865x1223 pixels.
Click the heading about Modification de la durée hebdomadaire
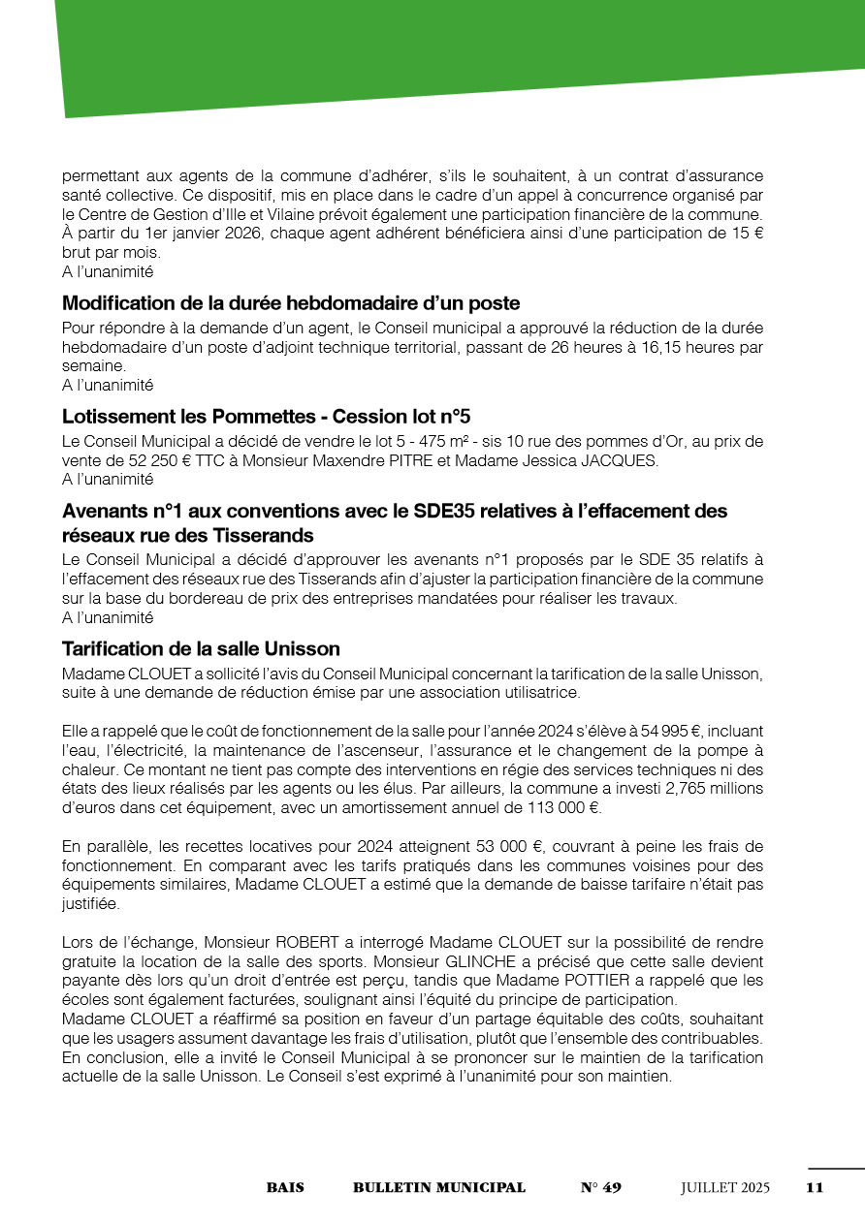(291, 302)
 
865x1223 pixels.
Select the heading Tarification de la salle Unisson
(201, 648)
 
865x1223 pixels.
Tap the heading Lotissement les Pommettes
(266, 417)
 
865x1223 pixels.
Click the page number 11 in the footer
(815, 1187)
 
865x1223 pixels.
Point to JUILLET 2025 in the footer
(725, 1187)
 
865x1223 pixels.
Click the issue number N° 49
(600, 1187)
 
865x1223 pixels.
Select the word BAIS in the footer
(285, 1187)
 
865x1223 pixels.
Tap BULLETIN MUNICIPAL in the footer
(439, 1187)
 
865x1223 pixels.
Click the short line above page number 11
(835, 1170)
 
